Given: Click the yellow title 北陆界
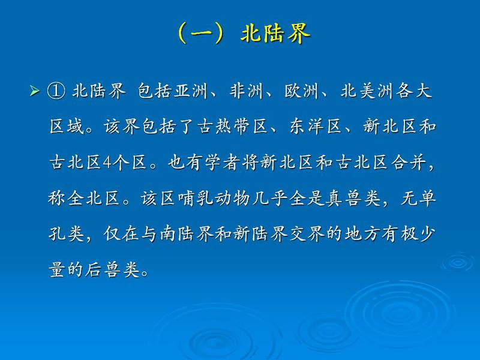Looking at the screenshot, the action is [275, 33].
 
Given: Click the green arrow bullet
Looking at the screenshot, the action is [35, 91].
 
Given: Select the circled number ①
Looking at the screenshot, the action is [56, 91].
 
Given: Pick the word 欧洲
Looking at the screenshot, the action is [302, 91].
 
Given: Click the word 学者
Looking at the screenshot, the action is [223, 162].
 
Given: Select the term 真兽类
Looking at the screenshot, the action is [353, 198].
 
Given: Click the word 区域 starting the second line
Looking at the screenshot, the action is [67, 127].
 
